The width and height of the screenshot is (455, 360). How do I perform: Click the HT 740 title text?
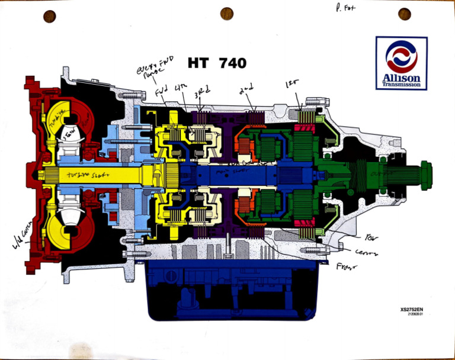point(217,62)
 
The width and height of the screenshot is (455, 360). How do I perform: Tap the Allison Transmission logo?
point(401,63)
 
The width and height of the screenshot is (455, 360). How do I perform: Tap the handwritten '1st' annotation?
point(293,85)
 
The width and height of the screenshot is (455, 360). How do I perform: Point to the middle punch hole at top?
point(226,14)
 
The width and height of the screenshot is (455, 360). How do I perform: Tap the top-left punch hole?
point(49,16)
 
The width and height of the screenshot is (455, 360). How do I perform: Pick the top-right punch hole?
point(405,14)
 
